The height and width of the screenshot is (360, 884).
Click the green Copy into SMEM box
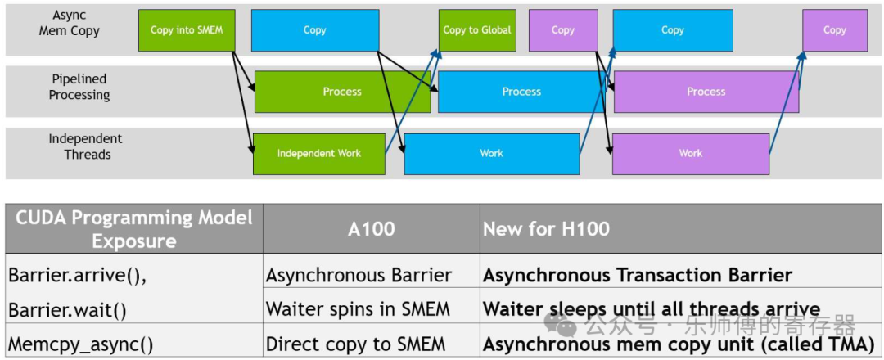187,30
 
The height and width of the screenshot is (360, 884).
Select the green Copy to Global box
477,30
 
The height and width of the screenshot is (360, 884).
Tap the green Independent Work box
318,154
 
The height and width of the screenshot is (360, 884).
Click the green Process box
342,92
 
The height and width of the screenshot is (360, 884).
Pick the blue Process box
521,92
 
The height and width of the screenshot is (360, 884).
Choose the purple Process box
706,92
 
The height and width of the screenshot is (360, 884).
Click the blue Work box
491,154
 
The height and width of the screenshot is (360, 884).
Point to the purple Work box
690,154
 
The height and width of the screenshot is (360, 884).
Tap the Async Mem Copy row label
69,23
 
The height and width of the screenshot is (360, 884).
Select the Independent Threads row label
85,146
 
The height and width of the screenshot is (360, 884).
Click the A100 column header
371,229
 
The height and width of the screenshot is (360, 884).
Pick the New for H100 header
546,229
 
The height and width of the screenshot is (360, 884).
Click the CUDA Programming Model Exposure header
133,229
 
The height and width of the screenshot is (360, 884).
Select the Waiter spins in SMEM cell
358,309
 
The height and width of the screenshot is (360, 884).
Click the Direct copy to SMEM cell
355,344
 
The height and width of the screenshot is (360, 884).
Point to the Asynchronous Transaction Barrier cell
637,276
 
